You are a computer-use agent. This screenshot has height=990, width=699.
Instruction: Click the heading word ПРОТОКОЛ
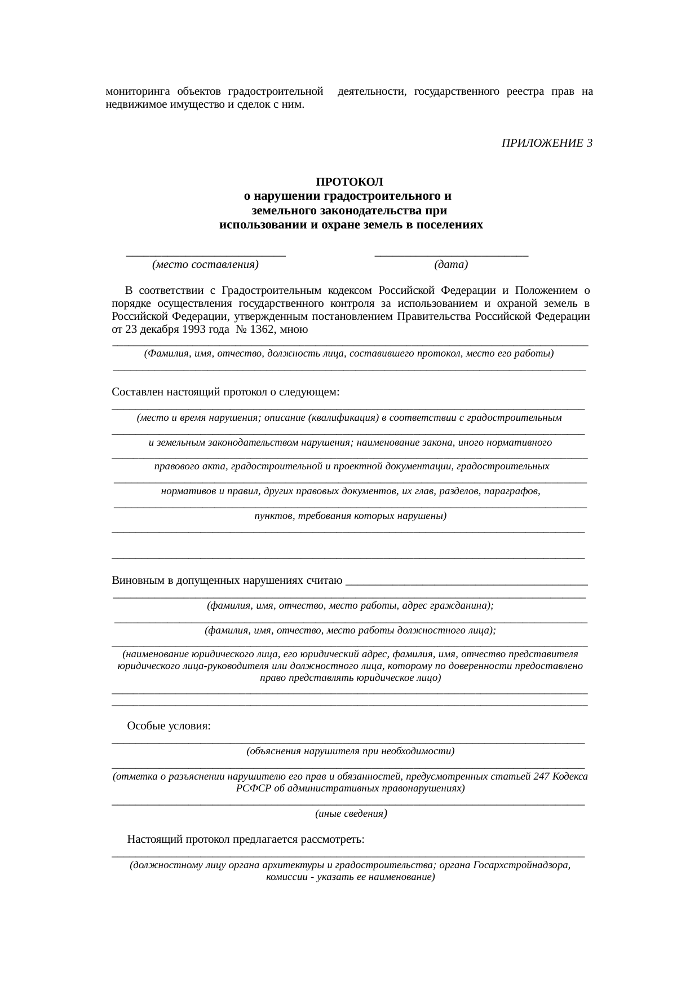(349, 182)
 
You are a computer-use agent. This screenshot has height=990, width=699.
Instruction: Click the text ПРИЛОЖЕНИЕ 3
(547, 143)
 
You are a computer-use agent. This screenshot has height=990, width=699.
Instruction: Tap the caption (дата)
(451, 265)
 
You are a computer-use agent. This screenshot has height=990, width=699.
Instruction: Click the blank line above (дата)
(451, 255)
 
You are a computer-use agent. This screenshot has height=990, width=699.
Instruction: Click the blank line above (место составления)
(206, 255)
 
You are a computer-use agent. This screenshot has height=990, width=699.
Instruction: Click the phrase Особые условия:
(169, 725)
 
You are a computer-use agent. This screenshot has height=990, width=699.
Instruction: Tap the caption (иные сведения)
(350, 813)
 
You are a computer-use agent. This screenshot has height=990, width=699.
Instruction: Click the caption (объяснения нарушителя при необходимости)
(350, 751)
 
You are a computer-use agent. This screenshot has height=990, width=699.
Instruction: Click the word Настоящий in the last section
(152, 839)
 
